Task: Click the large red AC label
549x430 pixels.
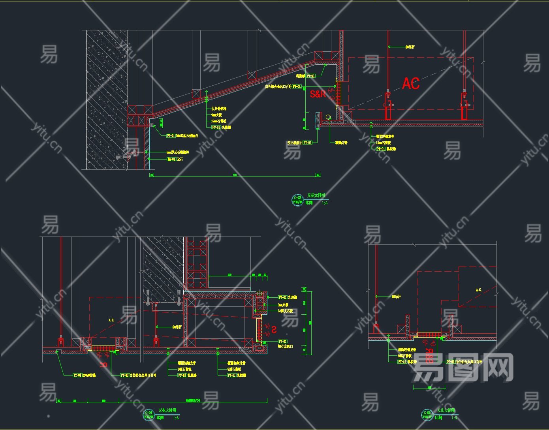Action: point(411,83)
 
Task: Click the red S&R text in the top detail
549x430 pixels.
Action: point(318,94)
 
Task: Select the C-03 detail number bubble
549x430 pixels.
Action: point(297,200)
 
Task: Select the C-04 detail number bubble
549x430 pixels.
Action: point(149,414)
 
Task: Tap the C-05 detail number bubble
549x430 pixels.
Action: point(427,414)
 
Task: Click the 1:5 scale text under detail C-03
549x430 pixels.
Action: point(325,203)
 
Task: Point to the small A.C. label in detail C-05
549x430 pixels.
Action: point(479,290)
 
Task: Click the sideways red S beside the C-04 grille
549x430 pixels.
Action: point(273,328)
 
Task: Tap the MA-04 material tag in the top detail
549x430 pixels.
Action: point(171,160)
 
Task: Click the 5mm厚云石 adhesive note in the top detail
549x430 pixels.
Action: point(178,152)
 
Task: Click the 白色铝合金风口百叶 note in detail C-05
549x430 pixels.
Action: point(469,362)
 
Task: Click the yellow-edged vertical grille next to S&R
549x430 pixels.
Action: point(338,93)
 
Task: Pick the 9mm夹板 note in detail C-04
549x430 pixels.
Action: point(283,305)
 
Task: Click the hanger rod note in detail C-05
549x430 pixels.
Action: point(396,297)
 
